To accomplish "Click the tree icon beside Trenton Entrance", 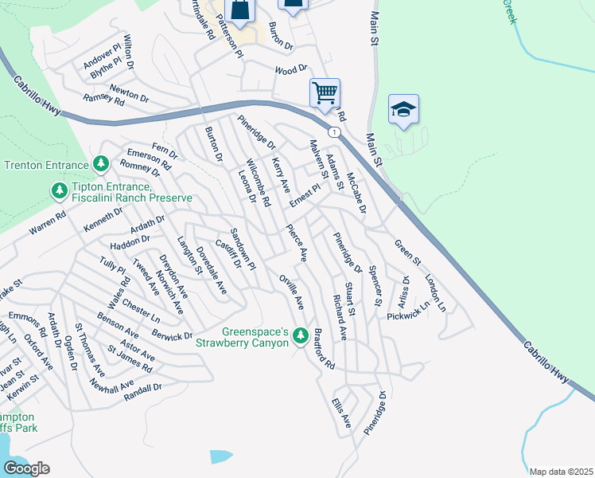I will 101,164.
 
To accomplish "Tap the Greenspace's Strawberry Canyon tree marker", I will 300,336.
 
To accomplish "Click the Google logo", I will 26,468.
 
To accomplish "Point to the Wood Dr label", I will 290,70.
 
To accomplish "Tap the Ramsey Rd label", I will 104,100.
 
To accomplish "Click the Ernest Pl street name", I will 304,196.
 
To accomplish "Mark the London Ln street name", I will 435,293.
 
